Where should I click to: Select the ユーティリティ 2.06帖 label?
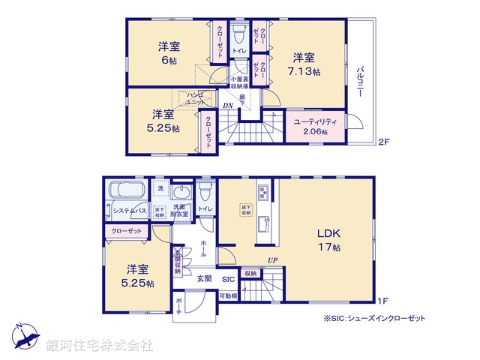point(315,125)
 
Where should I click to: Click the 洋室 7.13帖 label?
point(304,64)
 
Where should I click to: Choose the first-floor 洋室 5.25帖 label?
point(137,276)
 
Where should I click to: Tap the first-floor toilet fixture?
point(205,193)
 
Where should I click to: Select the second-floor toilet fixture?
point(239,34)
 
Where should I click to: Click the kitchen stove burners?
point(263,192)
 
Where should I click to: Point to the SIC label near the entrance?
point(227,278)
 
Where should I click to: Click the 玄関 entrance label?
point(204,278)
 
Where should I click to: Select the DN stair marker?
point(227,106)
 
